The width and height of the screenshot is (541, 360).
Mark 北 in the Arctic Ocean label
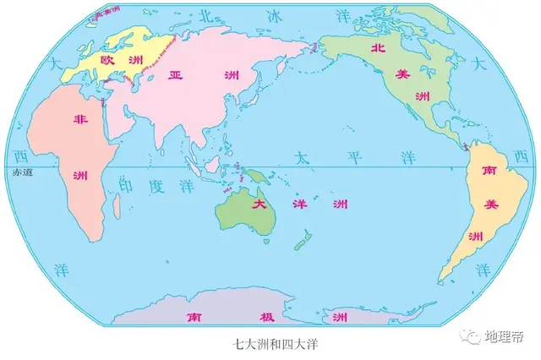tap(204, 17)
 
